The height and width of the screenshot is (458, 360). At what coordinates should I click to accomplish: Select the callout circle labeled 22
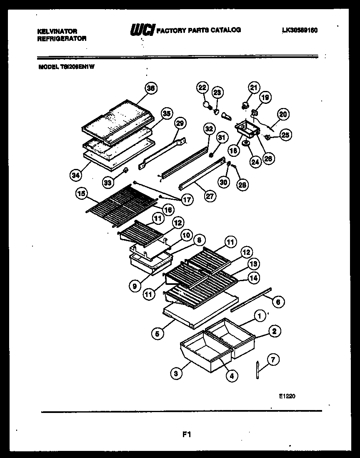point(202,87)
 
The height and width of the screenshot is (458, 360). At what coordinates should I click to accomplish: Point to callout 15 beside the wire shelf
point(82,194)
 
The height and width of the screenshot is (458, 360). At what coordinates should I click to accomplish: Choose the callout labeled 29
point(180,123)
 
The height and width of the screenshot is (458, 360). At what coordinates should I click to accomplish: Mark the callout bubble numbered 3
point(176,374)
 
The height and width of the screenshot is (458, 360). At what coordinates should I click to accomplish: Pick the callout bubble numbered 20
point(283,114)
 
